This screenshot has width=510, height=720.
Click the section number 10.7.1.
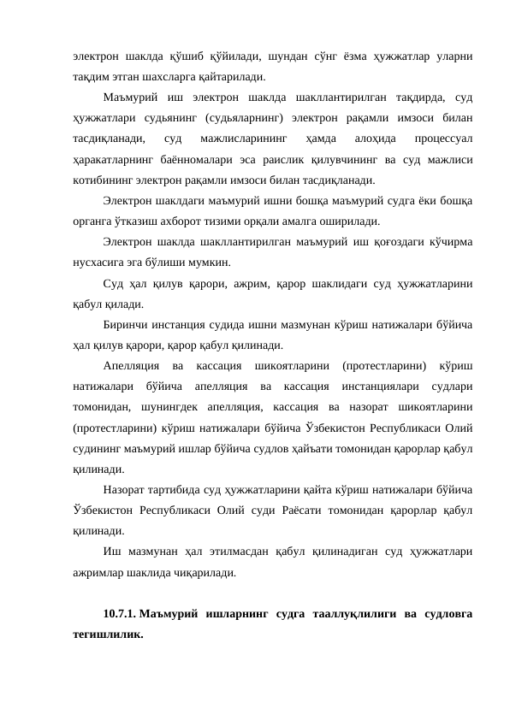119,613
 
